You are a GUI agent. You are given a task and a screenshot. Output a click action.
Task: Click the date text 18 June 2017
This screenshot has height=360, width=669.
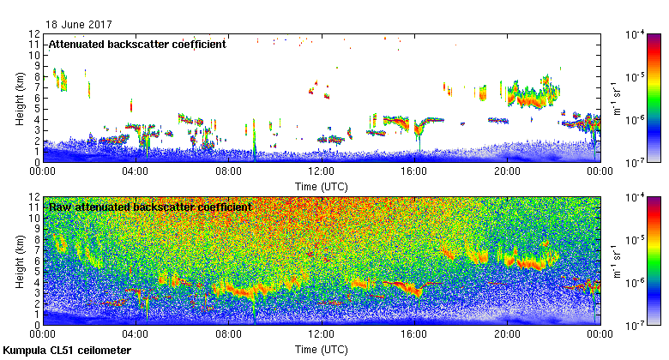80,25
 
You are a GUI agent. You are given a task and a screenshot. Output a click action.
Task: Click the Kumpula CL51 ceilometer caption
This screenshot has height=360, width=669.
67,351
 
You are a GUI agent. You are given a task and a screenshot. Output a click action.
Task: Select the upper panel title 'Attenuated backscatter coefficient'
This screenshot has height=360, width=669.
137,44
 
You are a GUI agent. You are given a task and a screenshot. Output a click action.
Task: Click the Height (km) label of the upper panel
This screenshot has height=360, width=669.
20,97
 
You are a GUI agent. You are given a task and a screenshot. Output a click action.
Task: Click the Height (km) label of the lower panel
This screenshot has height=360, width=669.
20,261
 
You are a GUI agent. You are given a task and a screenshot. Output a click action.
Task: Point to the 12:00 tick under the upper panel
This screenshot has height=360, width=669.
321,171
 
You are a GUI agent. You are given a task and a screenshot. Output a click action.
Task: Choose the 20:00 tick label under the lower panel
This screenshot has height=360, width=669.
507,335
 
